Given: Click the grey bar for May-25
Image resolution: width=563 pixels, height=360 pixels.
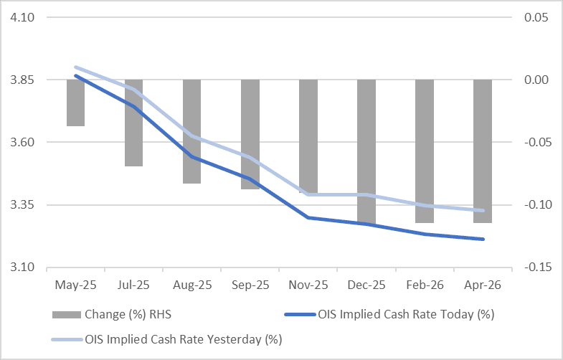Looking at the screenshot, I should click(x=75, y=103).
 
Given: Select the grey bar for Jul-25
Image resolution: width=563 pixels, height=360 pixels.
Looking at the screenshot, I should click(x=133, y=123).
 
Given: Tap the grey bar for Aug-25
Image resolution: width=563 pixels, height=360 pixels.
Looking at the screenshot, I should click(x=191, y=131).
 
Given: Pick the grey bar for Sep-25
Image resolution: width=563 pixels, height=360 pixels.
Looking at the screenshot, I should click(x=250, y=134).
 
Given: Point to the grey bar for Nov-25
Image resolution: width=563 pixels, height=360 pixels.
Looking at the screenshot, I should click(x=308, y=136).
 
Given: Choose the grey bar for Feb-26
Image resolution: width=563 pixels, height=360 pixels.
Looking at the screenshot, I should click(x=424, y=151).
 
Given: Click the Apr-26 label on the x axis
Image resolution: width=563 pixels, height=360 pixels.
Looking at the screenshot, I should click(x=482, y=285).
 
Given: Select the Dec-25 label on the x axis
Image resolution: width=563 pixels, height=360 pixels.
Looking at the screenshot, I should click(x=366, y=285).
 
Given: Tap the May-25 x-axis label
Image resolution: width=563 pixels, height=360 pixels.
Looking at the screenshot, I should click(x=75, y=285).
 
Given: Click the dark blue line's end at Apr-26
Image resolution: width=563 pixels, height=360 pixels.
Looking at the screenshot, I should click(x=483, y=239).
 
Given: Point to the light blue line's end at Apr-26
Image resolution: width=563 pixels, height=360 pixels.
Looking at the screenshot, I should click(x=483, y=210).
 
